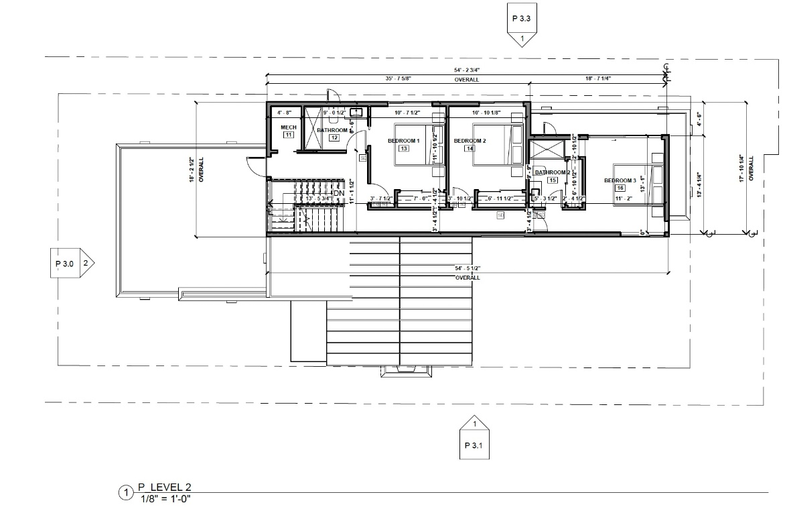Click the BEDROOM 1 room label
click(x=403, y=141)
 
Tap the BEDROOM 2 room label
click(x=469, y=141)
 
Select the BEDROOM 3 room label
click(x=620, y=180)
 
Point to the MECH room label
click(x=288, y=127)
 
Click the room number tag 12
click(x=333, y=138)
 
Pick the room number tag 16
click(x=620, y=188)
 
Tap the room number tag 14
click(x=470, y=149)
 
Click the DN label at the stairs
click(x=339, y=194)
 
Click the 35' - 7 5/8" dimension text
click(x=397, y=78)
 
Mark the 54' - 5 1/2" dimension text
click(x=468, y=268)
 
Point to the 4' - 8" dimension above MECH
click(x=285, y=112)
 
